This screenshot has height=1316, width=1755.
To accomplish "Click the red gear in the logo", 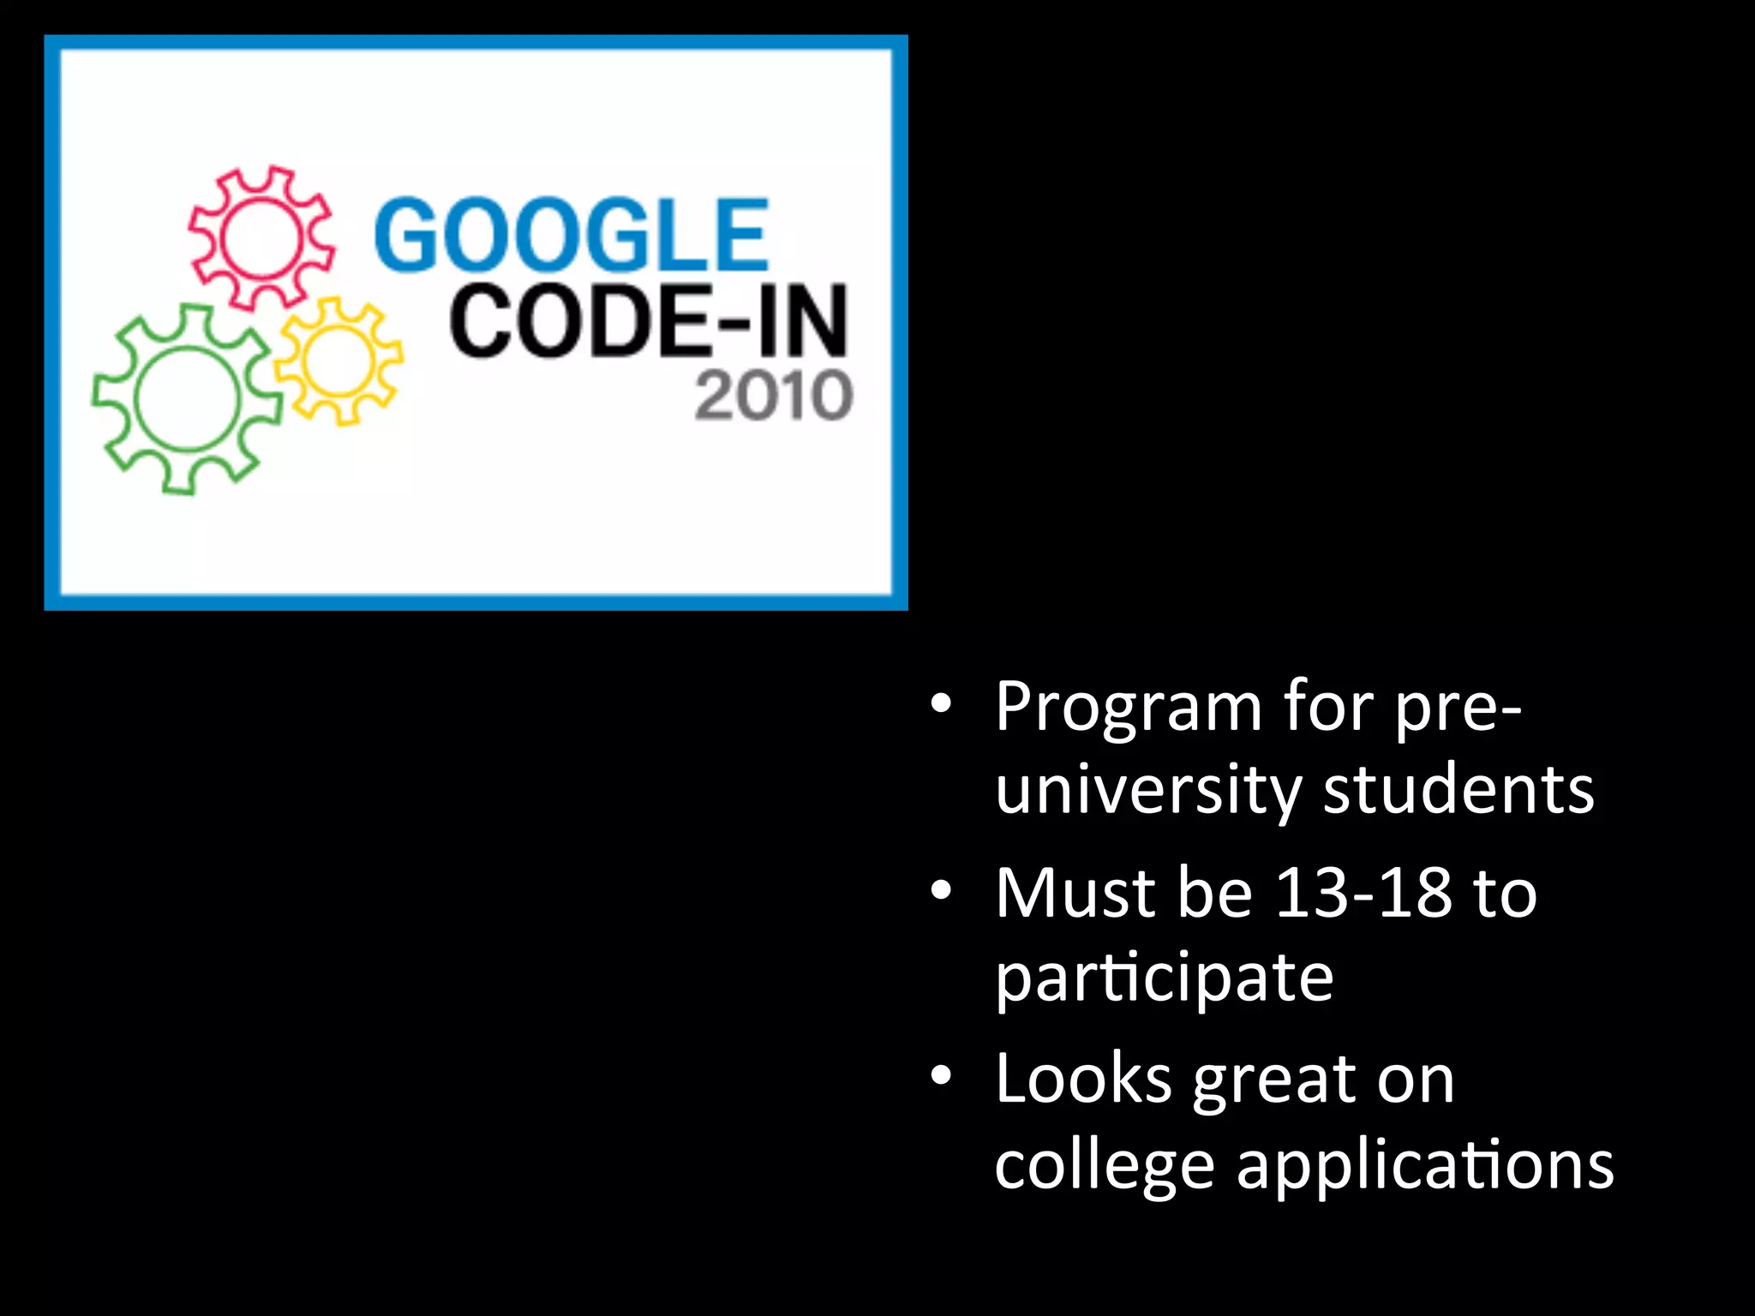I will pyautogui.click(x=261, y=236).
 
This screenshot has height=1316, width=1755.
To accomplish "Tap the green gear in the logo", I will pyautogui.click(x=187, y=398).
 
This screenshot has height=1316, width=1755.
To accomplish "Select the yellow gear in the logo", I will pyautogui.click(x=339, y=361).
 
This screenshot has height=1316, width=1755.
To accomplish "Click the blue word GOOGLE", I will pyautogui.click(x=572, y=235).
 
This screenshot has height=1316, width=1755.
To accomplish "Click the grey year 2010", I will pyautogui.click(x=773, y=396).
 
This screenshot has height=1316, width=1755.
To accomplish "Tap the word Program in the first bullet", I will pyautogui.click(x=1129, y=708).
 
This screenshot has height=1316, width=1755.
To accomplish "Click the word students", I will pyautogui.click(x=1459, y=790).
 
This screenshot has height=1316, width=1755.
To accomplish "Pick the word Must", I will pyautogui.click(x=1075, y=893).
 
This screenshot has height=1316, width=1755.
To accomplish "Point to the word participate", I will pyautogui.click(x=1164, y=978).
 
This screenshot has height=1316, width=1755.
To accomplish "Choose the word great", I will pyautogui.click(x=1274, y=1081).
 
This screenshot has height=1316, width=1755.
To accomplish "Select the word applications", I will pyautogui.click(x=1425, y=1167).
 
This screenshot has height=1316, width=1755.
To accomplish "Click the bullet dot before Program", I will pyautogui.click(x=941, y=704).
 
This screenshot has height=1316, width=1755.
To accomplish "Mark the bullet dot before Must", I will pyautogui.click(x=941, y=891).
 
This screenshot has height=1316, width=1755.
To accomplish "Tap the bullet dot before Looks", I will pyautogui.click(x=941, y=1076).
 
